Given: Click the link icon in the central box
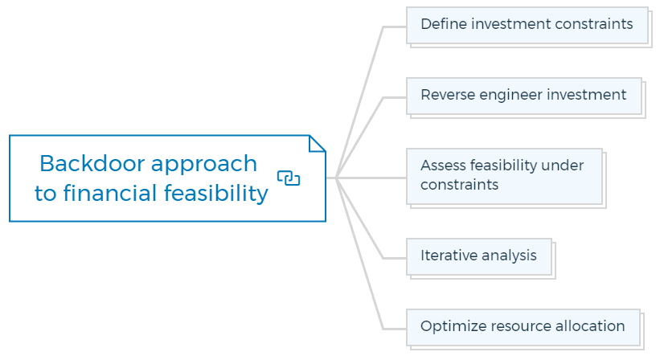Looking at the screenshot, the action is point(289,178).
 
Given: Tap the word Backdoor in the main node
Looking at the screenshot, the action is point(92,163).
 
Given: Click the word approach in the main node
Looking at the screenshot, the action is point(204,165).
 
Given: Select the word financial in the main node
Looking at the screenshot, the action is point(110,193).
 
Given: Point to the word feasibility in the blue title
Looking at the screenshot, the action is point(216,194).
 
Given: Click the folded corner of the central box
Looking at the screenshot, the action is point(317,143).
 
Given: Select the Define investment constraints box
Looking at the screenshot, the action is point(527,25).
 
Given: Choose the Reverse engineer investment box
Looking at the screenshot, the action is point(524,96).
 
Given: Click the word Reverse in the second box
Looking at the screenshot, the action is point(448,95).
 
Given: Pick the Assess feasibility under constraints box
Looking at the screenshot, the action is point(504,176).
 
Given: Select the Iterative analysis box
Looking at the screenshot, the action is point(479,256).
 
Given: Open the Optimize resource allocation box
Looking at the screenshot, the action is point(523,327).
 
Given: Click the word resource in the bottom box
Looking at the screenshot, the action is point(520,327).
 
